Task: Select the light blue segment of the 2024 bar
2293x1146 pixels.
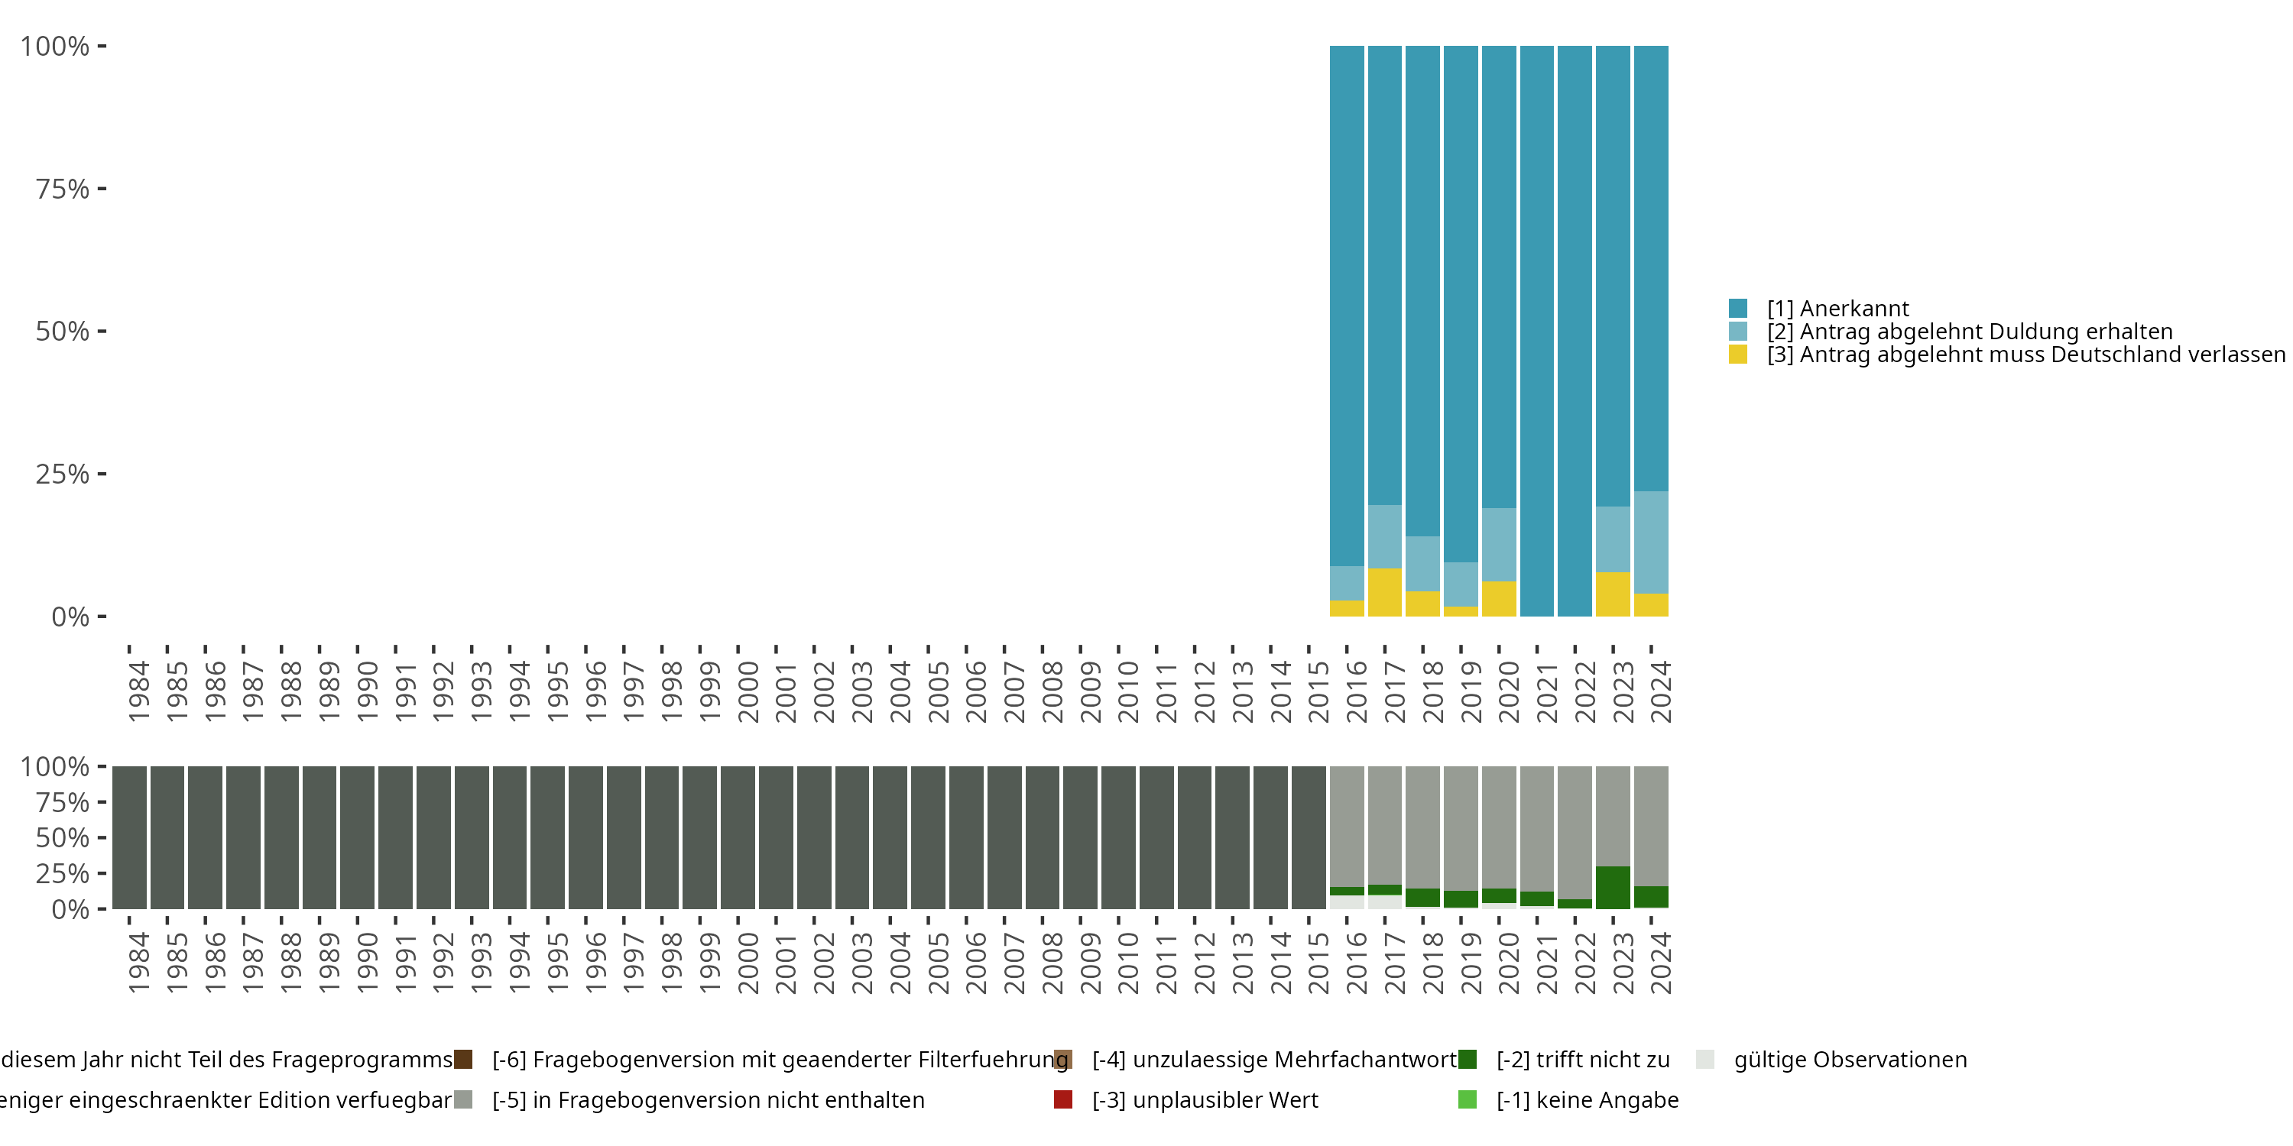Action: pyautogui.click(x=1651, y=542)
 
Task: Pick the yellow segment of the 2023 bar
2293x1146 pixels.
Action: pyautogui.click(x=1613, y=594)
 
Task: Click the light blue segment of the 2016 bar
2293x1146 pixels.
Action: pyautogui.click(x=1347, y=583)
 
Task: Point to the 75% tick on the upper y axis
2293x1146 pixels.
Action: pyautogui.click(x=102, y=189)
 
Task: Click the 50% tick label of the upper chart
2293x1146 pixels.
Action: pyautogui.click(x=63, y=332)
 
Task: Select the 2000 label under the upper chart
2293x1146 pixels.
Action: pyautogui.click(x=748, y=691)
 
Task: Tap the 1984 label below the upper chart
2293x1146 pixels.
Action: pyautogui.click(x=138, y=691)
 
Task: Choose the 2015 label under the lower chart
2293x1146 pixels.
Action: pyautogui.click(x=1318, y=963)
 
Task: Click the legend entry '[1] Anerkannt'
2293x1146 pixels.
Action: pyautogui.click(x=1837, y=309)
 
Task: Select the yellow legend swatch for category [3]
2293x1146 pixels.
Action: pyautogui.click(x=1737, y=355)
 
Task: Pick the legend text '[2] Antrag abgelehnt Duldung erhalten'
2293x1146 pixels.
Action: pyautogui.click(x=1969, y=332)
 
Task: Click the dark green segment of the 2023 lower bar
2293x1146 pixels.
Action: pyautogui.click(x=1613, y=887)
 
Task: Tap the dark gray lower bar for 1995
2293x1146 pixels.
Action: pyautogui.click(x=547, y=837)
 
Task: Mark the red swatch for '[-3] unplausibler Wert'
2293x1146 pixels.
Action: pyautogui.click(x=1063, y=1099)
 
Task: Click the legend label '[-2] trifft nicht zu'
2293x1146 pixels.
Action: pyautogui.click(x=1583, y=1060)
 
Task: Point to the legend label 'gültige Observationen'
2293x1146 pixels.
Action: pyautogui.click(x=1850, y=1060)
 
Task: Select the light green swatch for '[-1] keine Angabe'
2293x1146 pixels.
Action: pyautogui.click(x=1468, y=1099)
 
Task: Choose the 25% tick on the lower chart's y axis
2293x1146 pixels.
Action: pyautogui.click(x=102, y=872)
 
